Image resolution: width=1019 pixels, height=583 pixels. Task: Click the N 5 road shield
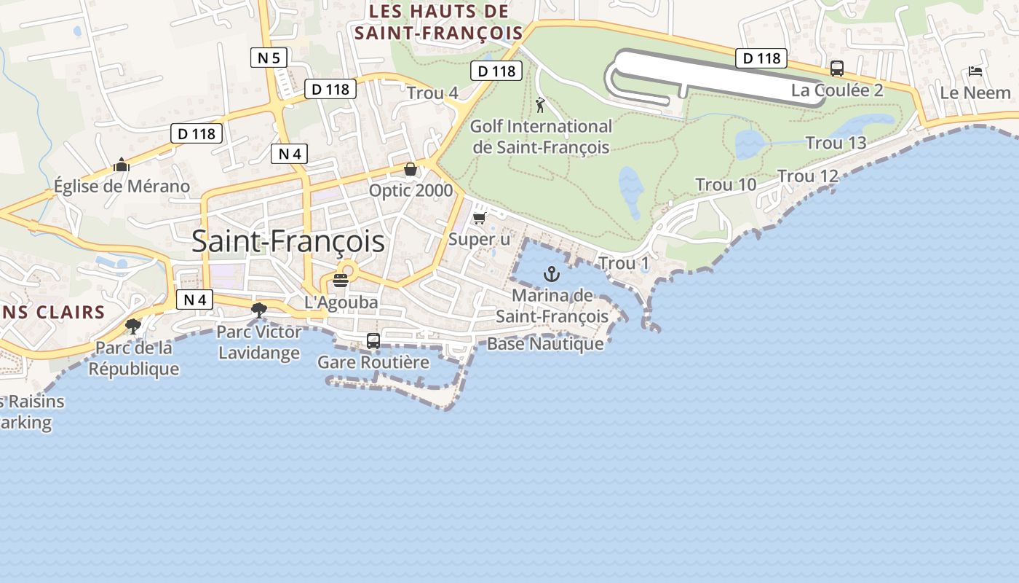tap(269, 58)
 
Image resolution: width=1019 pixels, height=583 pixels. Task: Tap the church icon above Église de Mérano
tap(122, 165)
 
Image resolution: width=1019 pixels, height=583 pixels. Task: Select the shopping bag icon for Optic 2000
tap(411, 170)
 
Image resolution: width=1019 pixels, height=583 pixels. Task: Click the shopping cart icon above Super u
tap(479, 218)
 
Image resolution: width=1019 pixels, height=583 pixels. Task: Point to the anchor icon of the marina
tap(552, 275)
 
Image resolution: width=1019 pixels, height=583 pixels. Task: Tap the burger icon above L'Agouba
tap(341, 280)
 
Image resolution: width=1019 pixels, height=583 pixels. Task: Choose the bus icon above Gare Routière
tap(373, 340)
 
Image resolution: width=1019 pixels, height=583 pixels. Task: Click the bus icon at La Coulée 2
tap(837, 69)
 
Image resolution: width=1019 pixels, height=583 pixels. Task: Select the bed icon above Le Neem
tap(975, 71)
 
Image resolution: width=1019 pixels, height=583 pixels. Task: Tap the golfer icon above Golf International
tap(540, 106)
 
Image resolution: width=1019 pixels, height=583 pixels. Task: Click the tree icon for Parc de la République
tap(133, 326)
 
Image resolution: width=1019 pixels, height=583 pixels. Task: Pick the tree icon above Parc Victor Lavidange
tap(258, 310)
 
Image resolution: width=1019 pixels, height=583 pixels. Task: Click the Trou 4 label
tap(432, 93)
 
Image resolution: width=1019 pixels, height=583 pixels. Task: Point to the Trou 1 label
tap(623, 263)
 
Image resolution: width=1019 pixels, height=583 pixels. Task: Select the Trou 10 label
tap(726, 185)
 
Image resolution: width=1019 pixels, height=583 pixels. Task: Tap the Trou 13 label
tap(836, 143)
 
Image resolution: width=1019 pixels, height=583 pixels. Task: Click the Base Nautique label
tap(545, 344)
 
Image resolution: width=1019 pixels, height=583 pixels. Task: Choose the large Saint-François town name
tap(288, 241)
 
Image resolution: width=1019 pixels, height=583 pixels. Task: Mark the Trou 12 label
tap(808, 176)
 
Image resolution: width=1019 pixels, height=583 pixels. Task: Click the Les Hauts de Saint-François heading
tap(438, 22)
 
